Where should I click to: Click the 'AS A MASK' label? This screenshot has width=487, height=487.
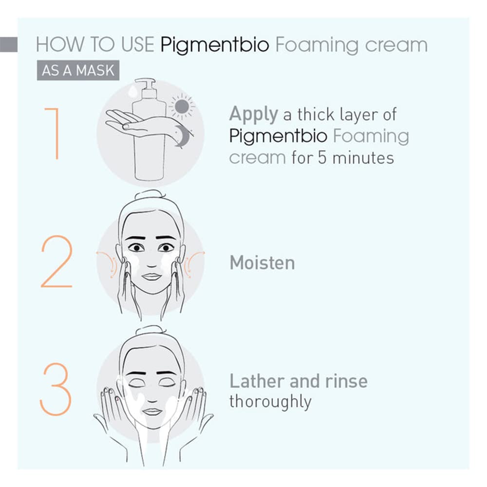click(78, 71)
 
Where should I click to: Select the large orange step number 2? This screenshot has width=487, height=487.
click(56, 262)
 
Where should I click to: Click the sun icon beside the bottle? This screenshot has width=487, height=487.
click(182, 106)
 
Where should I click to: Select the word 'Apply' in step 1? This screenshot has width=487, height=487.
click(253, 115)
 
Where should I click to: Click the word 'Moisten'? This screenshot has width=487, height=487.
click(262, 263)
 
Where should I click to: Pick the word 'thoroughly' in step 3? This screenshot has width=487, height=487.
click(270, 402)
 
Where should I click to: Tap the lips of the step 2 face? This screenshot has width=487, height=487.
click(151, 277)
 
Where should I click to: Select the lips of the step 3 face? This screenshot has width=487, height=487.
click(152, 412)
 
